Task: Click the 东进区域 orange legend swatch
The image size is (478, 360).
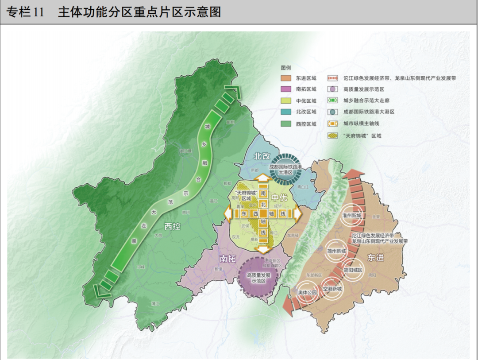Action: coord(285,78)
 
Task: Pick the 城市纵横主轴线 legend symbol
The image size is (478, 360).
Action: coord(332,124)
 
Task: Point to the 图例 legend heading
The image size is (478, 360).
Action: coord(286,68)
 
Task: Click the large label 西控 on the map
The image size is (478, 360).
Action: coord(173,227)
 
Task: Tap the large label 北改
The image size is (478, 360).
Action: coord(262,156)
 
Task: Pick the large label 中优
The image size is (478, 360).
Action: coord(280,197)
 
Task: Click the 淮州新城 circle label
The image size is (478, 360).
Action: coord(352,216)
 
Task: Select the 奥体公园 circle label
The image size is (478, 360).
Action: coord(307,293)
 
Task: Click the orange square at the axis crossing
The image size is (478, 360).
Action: coord(263,213)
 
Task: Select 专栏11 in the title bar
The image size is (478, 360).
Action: coord(26,12)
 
